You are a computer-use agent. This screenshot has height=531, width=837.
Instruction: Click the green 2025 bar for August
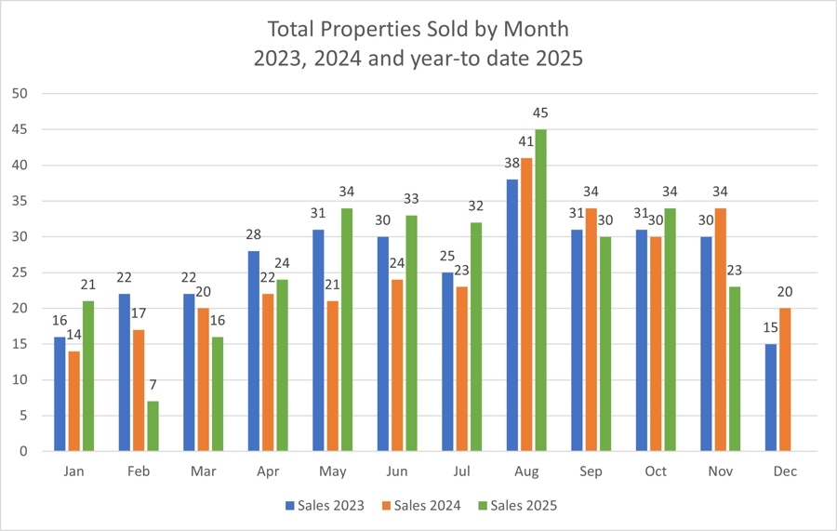point(540,290)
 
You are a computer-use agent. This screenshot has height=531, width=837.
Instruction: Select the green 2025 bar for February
point(153,426)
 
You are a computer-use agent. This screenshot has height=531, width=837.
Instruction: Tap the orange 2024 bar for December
point(786,379)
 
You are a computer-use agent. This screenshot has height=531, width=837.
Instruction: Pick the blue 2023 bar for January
point(60,393)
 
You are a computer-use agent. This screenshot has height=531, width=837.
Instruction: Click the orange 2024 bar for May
point(333,376)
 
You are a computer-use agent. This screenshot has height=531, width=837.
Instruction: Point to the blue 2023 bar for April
point(254,351)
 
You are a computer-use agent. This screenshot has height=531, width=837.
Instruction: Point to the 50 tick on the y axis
point(20,94)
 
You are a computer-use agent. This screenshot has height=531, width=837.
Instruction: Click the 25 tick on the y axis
point(20,272)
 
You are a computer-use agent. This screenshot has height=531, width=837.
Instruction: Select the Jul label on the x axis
point(462,471)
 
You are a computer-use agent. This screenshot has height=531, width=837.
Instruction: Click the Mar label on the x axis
point(203,471)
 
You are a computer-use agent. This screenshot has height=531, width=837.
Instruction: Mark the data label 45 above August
point(540,113)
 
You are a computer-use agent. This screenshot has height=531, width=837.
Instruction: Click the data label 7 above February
point(153,385)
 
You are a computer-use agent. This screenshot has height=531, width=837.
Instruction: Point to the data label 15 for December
point(770,328)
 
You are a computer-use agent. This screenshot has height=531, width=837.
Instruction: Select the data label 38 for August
point(511,164)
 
